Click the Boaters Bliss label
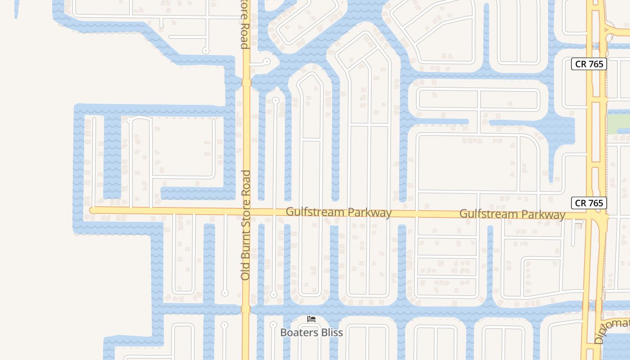(311, 333)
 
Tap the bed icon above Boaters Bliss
(311, 319)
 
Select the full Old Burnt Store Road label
(245, 225)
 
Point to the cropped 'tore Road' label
(244, 25)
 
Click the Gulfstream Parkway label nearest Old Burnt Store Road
(338, 212)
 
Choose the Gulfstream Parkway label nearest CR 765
(512, 214)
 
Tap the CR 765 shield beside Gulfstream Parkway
(589, 203)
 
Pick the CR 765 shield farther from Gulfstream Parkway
(589, 64)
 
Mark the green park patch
(618, 124)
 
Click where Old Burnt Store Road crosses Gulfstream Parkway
(246, 211)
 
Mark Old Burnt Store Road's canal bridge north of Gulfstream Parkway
(246, 82)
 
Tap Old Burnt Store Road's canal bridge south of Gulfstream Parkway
(245, 309)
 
